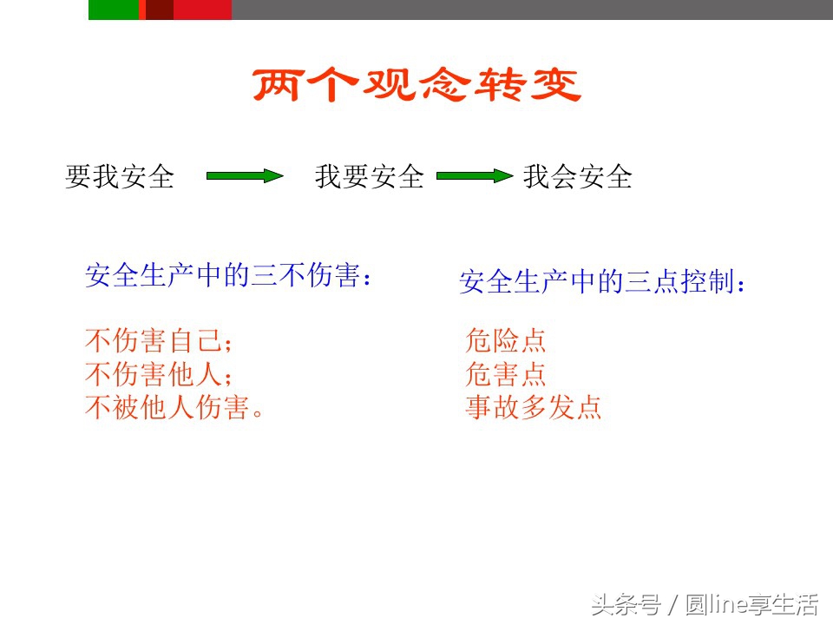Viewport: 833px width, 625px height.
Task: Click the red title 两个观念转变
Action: (416, 86)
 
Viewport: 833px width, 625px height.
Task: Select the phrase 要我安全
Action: (120, 177)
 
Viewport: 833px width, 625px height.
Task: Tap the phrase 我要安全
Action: (370, 177)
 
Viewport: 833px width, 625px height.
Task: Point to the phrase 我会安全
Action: (577, 177)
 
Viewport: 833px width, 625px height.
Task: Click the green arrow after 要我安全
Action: (245, 176)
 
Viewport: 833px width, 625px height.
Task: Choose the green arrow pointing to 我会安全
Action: (474, 176)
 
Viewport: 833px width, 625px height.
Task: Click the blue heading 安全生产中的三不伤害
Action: (232, 277)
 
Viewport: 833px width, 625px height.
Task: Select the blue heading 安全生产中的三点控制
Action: (603, 282)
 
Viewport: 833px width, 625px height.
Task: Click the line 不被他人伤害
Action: (174, 408)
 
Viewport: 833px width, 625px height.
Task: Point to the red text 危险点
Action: (506, 340)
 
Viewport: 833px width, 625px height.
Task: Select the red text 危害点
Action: (506, 374)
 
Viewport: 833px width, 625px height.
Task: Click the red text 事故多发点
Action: (534, 408)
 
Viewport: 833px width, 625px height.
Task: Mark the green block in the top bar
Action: (114, 10)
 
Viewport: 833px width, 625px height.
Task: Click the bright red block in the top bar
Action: (202, 10)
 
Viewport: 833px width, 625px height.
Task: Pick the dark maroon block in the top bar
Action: (160, 10)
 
